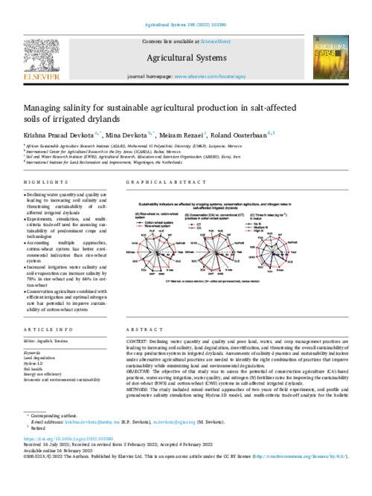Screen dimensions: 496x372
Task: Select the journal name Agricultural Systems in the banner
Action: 185,59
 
